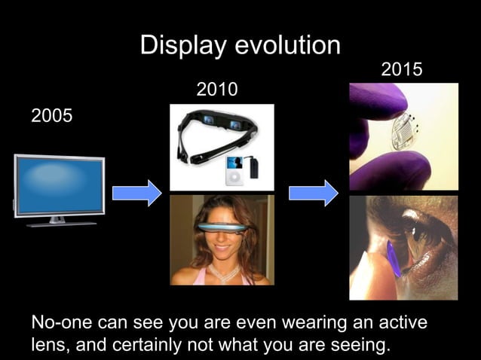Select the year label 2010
tap(217, 90)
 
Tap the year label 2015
tap(402, 71)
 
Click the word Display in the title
tap(182, 46)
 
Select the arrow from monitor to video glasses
tap(136, 193)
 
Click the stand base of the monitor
tap(59, 223)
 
